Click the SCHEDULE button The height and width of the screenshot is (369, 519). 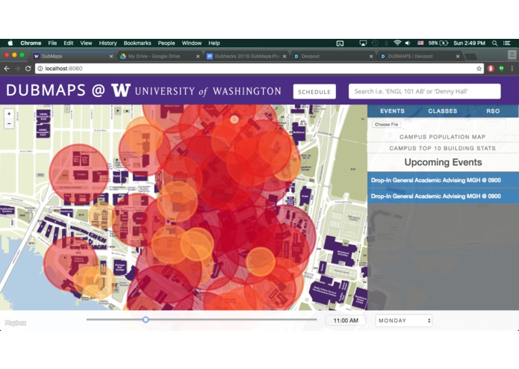(x=314, y=92)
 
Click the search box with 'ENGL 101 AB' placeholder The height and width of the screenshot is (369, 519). (x=424, y=92)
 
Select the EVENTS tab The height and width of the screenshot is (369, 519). (x=392, y=111)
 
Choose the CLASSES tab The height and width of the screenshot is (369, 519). (x=443, y=111)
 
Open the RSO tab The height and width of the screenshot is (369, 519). (x=493, y=111)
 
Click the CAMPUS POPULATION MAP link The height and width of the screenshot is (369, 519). (x=442, y=137)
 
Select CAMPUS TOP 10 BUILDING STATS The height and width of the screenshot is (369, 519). (x=442, y=148)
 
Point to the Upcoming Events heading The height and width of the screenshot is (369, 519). (x=443, y=162)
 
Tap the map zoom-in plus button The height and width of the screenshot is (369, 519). (x=9, y=114)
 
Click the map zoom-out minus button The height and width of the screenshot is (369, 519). (x=9, y=123)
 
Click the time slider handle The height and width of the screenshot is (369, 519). (x=146, y=320)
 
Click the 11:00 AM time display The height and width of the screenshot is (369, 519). (x=346, y=320)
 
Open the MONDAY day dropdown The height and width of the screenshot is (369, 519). (x=404, y=320)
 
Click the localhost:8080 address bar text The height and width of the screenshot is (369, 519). (x=64, y=69)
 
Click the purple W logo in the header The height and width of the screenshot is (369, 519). (x=120, y=91)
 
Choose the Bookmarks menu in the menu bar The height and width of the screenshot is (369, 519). (x=137, y=43)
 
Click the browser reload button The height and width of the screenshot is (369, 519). (x=28, y=69)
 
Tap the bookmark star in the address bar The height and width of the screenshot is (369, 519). (x=479, y=69)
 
